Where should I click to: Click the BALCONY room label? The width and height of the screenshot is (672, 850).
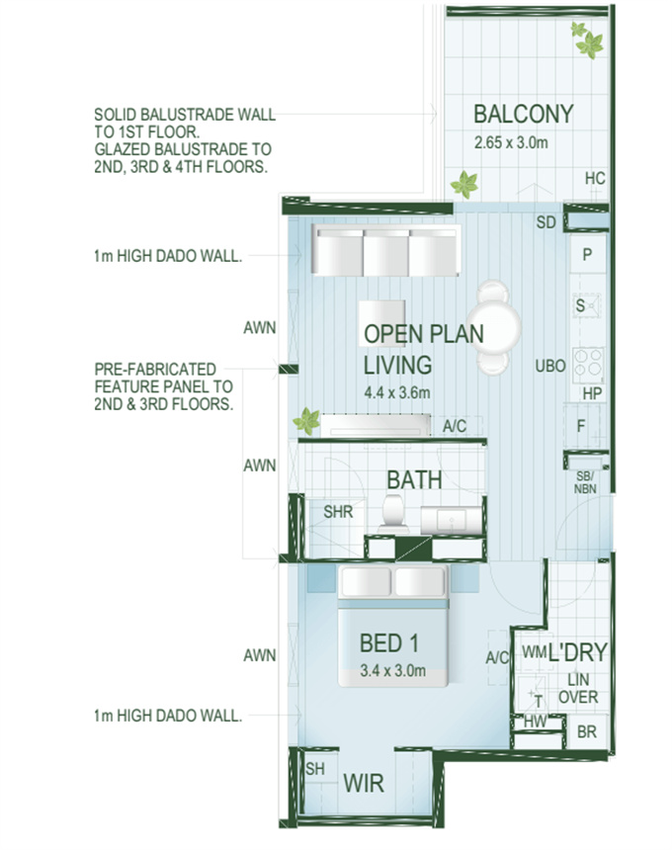[x=524, y=115]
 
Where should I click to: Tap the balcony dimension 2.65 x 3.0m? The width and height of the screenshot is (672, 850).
[x=511, y=142]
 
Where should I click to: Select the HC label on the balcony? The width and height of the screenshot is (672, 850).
[x=595, y=178]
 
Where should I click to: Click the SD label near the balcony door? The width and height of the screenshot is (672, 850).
[x=546, y=222]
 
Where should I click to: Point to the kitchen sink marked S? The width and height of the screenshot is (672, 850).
[x=587, y=305]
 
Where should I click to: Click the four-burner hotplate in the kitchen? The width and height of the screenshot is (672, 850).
[x=588, y=363]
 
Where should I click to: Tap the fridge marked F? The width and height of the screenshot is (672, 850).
[x=582, y=426]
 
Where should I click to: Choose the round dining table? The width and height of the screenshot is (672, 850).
[x=494, y=327]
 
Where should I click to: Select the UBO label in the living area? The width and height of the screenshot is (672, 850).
[x=550, y=367]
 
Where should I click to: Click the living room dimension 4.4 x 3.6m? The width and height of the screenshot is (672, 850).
[x=397, y=392]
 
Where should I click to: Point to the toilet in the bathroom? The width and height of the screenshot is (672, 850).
[x=394, y=513]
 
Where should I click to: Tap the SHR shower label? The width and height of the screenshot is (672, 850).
[x=338, y=512]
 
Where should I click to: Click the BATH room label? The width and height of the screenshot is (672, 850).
[x=415, y=479]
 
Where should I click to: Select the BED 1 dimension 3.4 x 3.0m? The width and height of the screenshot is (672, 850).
[x=393, y=670]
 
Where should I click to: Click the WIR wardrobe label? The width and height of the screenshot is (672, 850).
[x=364, y=784]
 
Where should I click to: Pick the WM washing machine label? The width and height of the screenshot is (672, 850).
[x=535, y=651]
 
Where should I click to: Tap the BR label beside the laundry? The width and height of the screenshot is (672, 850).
[x=586, y=731]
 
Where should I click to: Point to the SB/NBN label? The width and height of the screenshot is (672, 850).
[x=585, y=482]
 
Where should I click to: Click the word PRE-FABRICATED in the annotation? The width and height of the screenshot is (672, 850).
[x=155, y=370]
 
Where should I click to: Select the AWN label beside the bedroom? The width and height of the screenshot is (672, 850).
[x=260, y=655]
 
